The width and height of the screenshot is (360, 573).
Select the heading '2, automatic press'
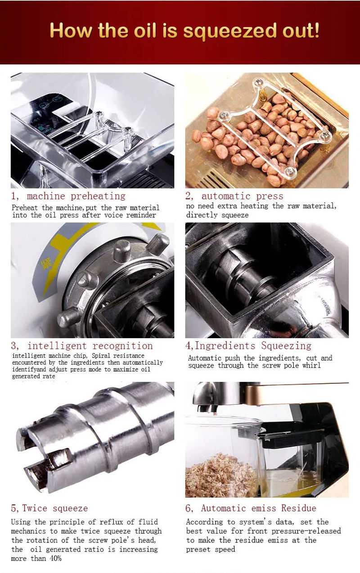[x=234, y=196]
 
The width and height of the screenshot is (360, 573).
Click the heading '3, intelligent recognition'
[x=82, y=346]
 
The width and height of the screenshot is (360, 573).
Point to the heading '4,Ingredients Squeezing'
[x=248, y=346]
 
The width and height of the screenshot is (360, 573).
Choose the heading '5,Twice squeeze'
[x=49, y=508]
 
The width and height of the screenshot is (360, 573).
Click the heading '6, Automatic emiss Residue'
[x=251, y=508]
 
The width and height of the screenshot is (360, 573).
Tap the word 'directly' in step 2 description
[x=202, y=215]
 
